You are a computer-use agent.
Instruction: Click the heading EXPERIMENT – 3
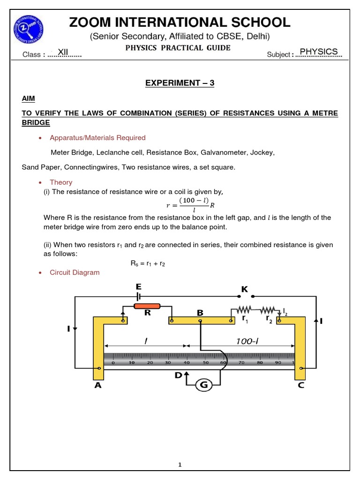tap(180, 83)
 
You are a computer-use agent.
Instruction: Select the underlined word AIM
tap(28, 99)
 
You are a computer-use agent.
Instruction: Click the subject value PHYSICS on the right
tap(318, 52)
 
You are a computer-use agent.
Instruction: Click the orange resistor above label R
tap(147, 306)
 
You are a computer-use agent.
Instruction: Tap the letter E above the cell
tap(139, 287)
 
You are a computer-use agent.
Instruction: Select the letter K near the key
tap(245, 290)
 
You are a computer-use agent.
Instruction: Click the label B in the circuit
tap(200, 312)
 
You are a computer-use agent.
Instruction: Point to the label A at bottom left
tap(98, 385)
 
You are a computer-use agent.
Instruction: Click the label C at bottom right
tap(300, 385)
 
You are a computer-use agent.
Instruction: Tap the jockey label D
tap(179, 375)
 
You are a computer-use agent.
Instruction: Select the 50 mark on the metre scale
tap(205, 362)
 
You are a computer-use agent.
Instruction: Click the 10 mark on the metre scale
tap(132, 362)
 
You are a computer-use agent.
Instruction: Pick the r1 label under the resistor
tap(245, 319)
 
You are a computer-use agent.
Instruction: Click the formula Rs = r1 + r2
tap(148, 263)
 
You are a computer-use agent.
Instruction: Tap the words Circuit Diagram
tap(75, 272)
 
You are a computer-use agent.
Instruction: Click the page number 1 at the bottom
tap(180, 465)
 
